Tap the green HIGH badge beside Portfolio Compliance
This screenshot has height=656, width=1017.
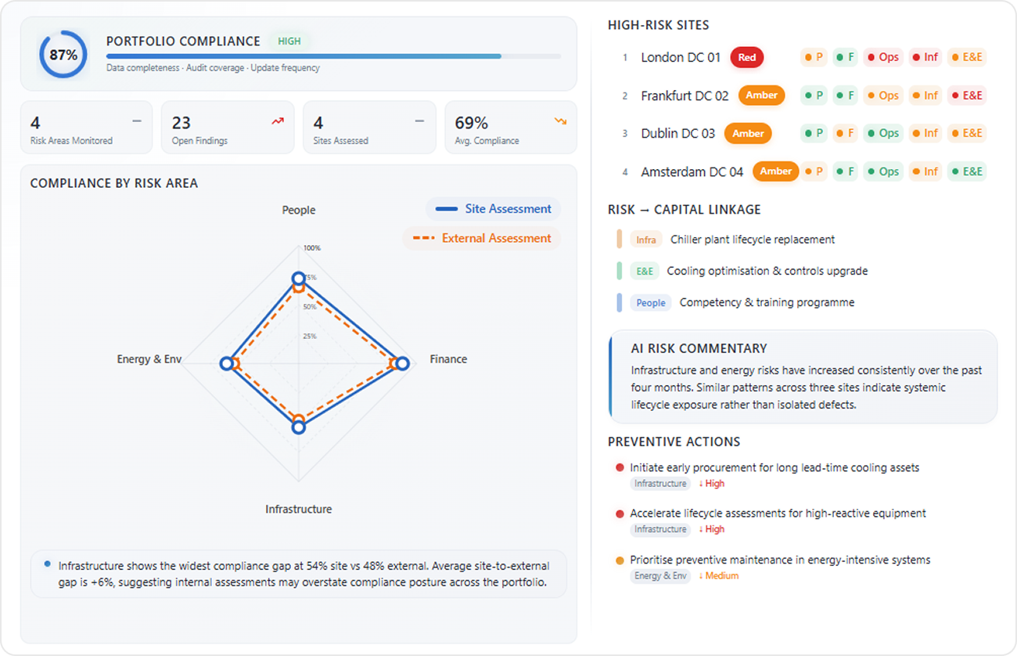pyautogui.click(x=289, y=41)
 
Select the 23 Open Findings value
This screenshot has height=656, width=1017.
pyautogui.click(x=181, y=123)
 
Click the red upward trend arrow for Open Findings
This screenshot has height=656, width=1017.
pyautogui.click(x=278, y=121)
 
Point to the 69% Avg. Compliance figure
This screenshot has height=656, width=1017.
pyautogui.click(x=471, y=123)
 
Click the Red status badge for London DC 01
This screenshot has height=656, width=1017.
pyautogui.click(x=747, y=57)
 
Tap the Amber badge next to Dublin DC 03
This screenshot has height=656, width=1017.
pyautogui.click(x=748, y=134)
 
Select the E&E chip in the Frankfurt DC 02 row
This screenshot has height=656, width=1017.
pyautogui.click(x=967, y=96)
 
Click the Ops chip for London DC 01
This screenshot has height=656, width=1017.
pyautogui.click(x=883, y=57)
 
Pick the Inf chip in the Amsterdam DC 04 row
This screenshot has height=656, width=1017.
pyautogui.click(x=925, y=171)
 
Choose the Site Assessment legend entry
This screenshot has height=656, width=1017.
pyautogui.click(x=493, y=209)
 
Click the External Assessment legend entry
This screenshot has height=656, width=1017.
pyautogui.click(x=482, y=238)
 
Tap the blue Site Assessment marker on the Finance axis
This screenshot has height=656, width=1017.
pyautogui.click(x=402, y=363)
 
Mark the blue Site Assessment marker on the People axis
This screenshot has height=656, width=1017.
pyautogui.click(x=299, y=279)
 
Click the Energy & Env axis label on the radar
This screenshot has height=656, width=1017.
pyautogui.click(x=149, y=359)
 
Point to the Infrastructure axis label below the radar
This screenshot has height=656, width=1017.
pyautogui.click(x=299, y=510)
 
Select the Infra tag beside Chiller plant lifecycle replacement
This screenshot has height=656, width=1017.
pyautogui.click(x=646, y=240)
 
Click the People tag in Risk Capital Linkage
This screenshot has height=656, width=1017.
pyautogui.click(x=651, y=303)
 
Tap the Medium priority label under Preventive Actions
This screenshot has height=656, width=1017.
pyautogui.click(x=719, y=576)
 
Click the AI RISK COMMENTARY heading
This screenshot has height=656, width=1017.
pyautogui.click(x=699, y=348)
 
